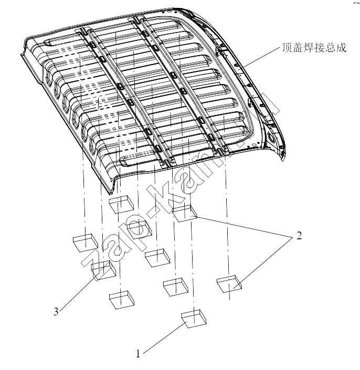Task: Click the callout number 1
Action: click(138, 354)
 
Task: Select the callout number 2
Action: click(299, 236)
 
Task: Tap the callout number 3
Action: click(56, 312)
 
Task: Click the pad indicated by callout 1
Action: click(194, 319)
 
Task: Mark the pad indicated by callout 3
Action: click(103, 270)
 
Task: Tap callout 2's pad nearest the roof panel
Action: click(184, 213)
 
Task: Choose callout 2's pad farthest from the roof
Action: click(229, 284)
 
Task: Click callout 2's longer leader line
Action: click(243, 226)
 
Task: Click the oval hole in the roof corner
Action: click(271, 137)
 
